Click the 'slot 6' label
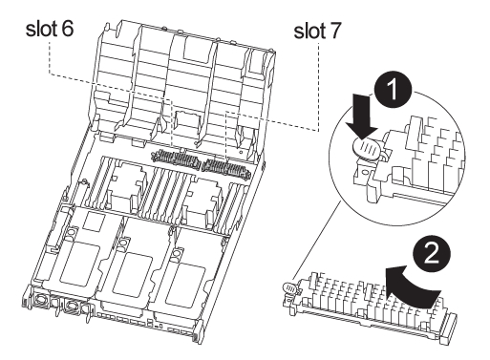point(50,29)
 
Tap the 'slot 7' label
point(317,31)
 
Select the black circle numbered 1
point(394,90)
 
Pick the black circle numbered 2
point(432,254)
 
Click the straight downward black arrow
point(363,116)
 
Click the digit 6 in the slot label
point(67,29)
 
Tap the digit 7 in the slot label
point(334,32)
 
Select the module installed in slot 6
point(176,158)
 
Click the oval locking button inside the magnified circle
point(366,148)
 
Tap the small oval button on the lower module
point(289,287)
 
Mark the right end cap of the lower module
point(448,328)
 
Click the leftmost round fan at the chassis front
point(41,300)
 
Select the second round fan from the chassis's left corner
point(71,306)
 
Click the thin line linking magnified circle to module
point(318,240)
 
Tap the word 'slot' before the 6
point(41,29)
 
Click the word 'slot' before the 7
point(309,32)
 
